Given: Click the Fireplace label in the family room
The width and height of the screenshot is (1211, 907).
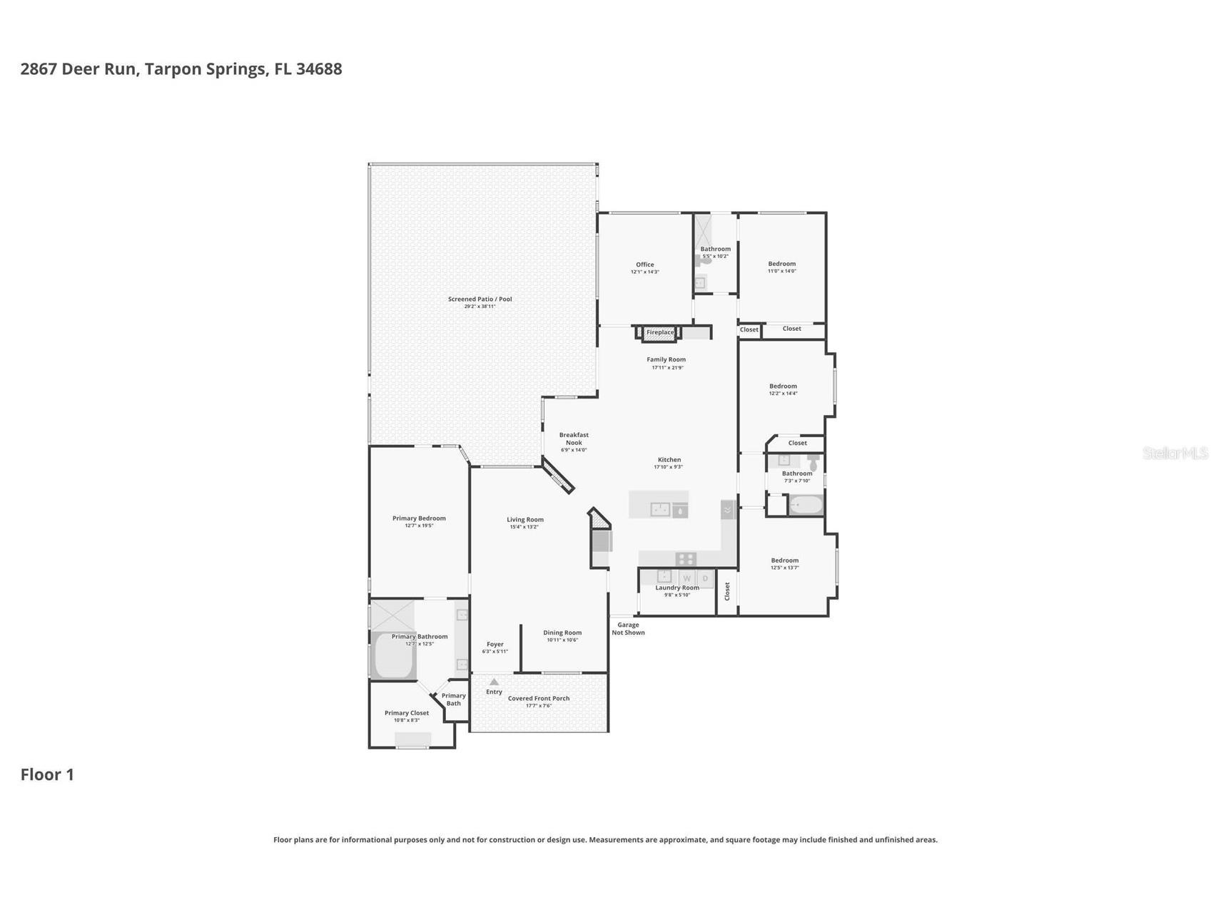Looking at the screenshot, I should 659,332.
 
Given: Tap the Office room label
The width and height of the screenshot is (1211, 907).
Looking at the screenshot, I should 644,265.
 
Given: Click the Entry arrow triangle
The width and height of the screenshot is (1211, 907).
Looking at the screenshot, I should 494,682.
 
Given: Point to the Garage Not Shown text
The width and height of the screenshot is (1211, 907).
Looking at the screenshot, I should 628,628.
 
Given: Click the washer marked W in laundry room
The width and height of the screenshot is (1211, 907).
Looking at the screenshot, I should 686,578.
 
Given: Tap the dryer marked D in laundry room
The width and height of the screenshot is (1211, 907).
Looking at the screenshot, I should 705,578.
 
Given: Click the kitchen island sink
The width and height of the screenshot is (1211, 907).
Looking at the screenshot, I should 661,509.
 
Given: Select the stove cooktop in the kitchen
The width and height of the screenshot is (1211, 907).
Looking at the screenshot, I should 685,559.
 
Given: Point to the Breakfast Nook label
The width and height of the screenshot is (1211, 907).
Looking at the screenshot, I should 574,439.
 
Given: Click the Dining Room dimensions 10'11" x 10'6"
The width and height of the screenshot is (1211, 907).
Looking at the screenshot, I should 562,640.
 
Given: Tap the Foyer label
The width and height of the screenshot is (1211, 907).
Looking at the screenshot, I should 495,644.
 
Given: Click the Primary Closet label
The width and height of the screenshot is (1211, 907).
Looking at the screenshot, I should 407,712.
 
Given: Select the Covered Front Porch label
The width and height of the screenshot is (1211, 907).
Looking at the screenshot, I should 539,698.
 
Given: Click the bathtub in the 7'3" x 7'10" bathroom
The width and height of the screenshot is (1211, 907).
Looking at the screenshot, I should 806,506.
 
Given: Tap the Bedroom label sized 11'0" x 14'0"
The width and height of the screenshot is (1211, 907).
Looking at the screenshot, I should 781,264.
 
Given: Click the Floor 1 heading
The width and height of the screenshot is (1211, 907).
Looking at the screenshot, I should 47,774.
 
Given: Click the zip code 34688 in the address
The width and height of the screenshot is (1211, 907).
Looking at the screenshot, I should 319,69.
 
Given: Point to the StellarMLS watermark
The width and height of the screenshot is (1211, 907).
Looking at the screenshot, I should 1175,453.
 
